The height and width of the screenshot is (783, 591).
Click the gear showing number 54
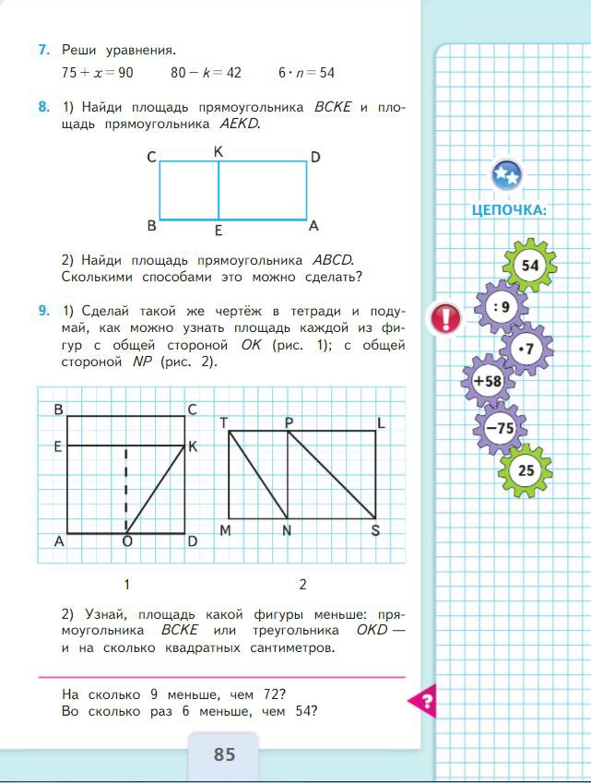(529, 266)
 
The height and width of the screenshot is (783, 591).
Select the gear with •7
(526, 348)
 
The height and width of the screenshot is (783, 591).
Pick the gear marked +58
(487, 380)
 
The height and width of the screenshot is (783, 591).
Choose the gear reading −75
(500, 428)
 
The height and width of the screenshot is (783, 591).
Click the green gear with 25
(526, 469)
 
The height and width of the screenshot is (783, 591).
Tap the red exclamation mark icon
(446, 319)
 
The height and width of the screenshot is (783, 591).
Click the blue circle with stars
(506, 173)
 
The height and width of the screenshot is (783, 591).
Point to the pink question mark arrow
(422, 702)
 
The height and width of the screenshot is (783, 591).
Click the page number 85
(225, 754)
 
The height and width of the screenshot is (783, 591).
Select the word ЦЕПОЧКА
(509, 209)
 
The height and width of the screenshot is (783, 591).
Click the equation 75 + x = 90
(98, 72)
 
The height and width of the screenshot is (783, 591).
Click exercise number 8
(43, 108)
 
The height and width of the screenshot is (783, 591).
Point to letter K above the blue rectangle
(219, 151)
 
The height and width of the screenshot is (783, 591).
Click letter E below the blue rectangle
(219, 231)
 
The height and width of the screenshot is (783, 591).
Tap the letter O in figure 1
(126, 541)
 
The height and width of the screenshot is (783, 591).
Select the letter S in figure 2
(375, 529)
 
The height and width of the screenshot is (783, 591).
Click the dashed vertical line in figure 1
(126, 489)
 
